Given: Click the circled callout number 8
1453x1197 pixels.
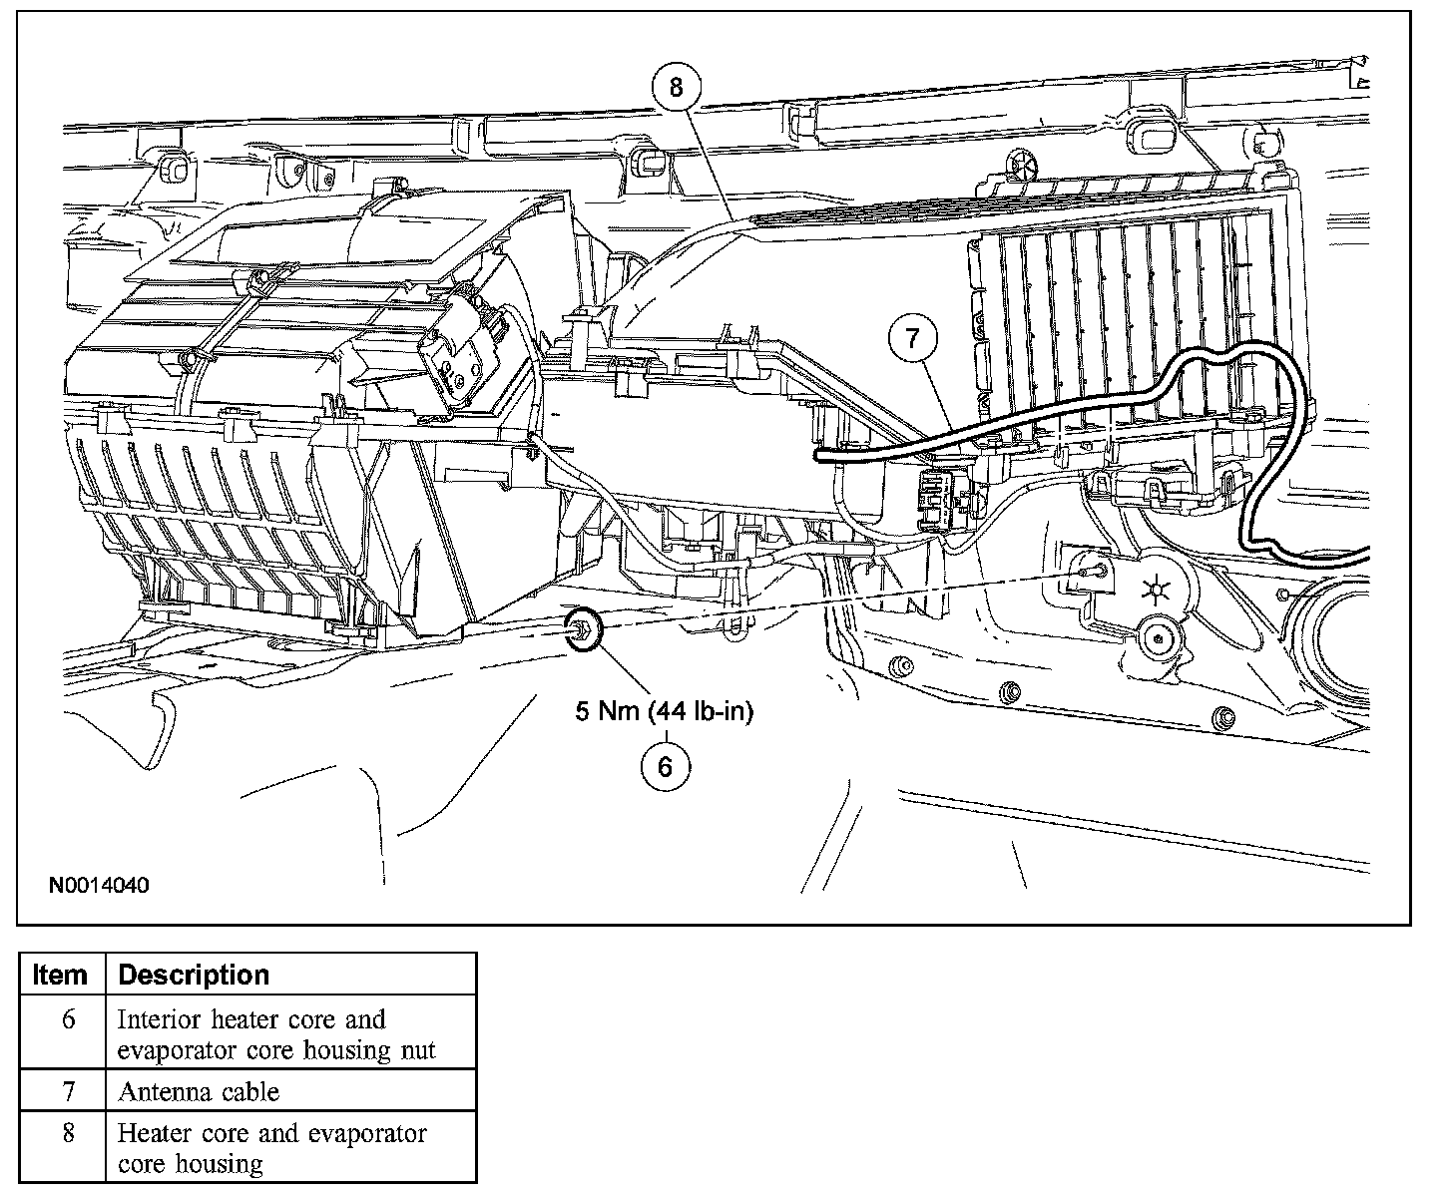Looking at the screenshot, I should (x=676, y=87).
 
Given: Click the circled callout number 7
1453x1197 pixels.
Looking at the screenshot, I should (x=915, y=339).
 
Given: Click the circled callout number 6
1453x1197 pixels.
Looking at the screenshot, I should (x=665, y=765).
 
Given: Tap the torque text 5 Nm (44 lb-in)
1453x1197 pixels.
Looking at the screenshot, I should (x=664, y=711).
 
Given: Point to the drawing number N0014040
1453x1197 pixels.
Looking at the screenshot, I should (x=99, y=885).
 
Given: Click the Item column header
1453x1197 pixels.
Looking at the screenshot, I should (x=61, y=975).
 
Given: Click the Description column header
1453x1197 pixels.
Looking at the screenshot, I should (x=194, y=975).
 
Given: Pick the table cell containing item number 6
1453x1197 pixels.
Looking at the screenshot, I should (x=68, y=1020).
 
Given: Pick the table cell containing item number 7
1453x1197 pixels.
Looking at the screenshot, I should (x=68, y=1091).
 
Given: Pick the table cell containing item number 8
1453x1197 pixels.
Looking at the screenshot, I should (x=68, y=1134).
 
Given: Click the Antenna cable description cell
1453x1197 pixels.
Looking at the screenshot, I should (x=199, y=1091).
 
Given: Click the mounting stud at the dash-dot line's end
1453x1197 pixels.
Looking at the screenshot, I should (x=1095, y=572).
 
